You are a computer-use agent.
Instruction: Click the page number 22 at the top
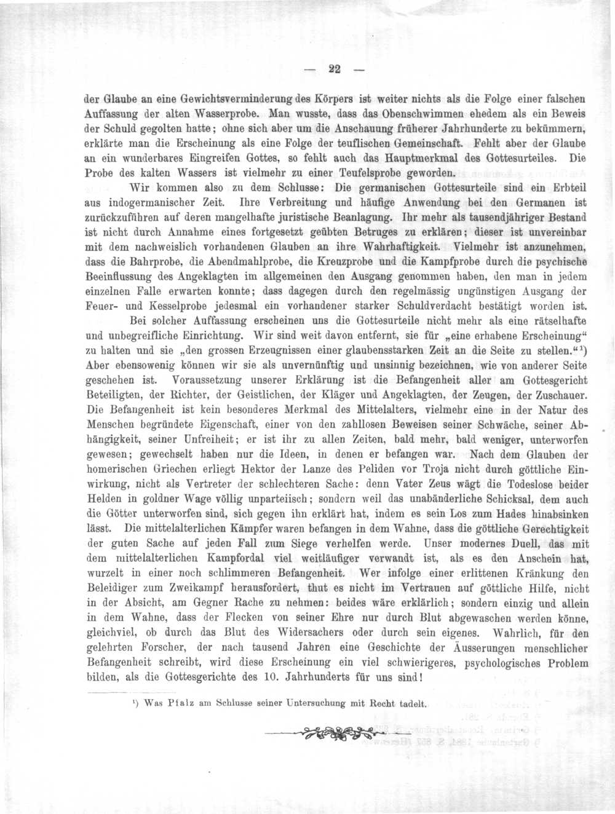335,68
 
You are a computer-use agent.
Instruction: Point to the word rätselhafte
555,320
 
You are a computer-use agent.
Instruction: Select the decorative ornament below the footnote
339,732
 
